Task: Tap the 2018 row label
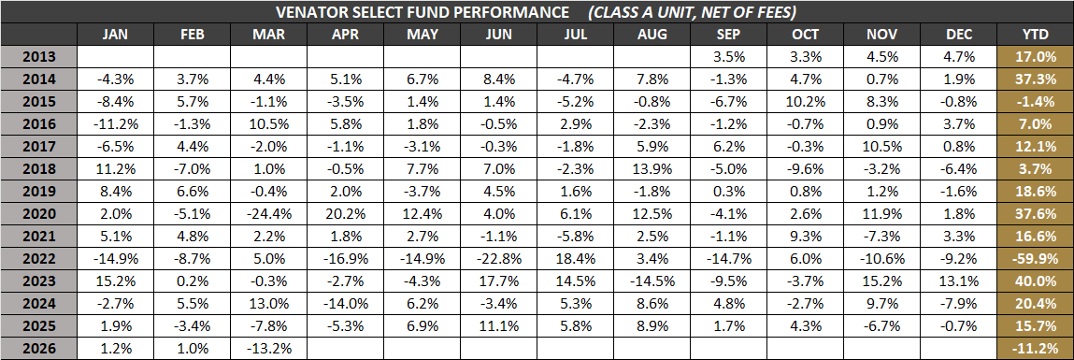pos(38,167)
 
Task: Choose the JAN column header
pos(114,35)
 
